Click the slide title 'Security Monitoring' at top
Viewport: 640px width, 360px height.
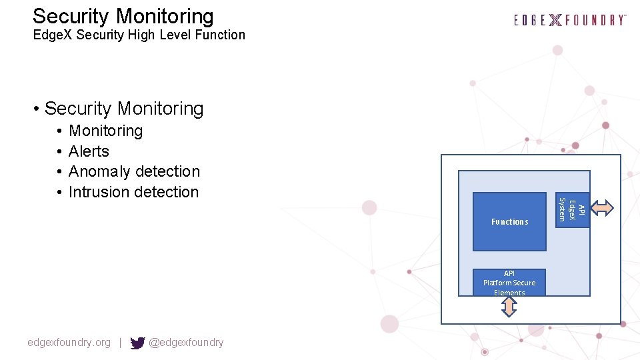[123, 16]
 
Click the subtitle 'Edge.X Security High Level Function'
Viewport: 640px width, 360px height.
[139, 35]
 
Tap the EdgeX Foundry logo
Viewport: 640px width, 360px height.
[570, 20]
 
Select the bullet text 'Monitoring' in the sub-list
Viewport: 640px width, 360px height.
[105, 131]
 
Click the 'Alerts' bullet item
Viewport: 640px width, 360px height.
[89, 151]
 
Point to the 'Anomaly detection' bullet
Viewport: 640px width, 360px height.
[134, 171]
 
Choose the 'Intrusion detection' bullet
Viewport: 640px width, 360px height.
[133, 192]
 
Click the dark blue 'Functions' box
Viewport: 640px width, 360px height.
[509, 221]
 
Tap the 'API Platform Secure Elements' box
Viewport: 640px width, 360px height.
[509, 283]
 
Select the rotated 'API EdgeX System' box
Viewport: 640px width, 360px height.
[572, 209]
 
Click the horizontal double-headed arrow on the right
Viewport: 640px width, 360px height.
[603, 208]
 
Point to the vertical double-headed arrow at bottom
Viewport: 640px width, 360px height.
[509, 307]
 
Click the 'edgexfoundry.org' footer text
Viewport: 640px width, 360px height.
[69, 343]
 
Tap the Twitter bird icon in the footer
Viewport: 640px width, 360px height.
[137, 343]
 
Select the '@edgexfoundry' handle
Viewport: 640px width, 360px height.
[186, 343]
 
